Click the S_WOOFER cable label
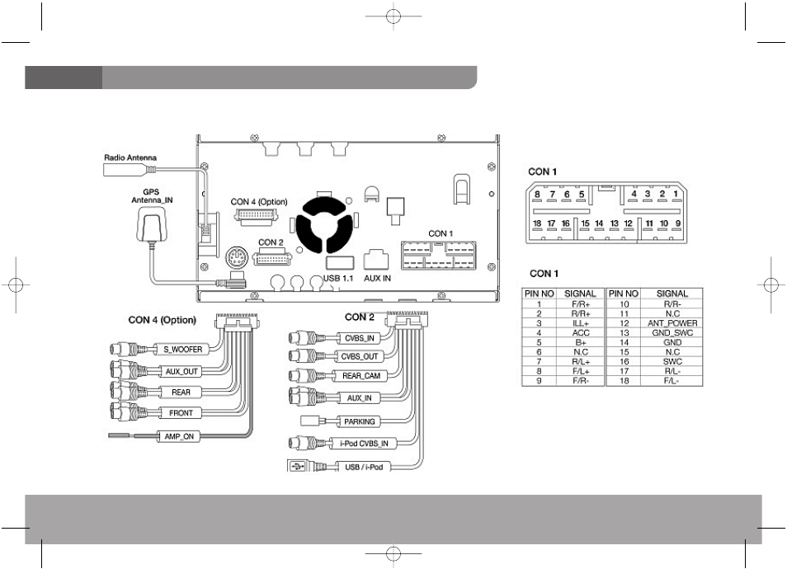coord(182,349)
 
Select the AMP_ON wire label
coord(179,436)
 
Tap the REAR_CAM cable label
coord(361,376)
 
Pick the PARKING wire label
coord(360,421)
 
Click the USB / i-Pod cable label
coord(364,467)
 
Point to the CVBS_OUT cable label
coord(360,357)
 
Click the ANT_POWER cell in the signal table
coord(672,323)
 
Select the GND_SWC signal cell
coord(672,332)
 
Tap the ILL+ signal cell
coord(581,323)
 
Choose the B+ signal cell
coord(581,342)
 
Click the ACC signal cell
coord(581,332)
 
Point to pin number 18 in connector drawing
coord(537,223)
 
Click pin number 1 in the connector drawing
coord(676,194)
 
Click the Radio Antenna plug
coord(130,170)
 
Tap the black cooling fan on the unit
coord(321,225)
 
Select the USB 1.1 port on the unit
coord(340,262)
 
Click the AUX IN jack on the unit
coord(376,259)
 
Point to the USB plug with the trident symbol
coord(298,467)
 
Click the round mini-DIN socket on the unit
coord(237,259)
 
